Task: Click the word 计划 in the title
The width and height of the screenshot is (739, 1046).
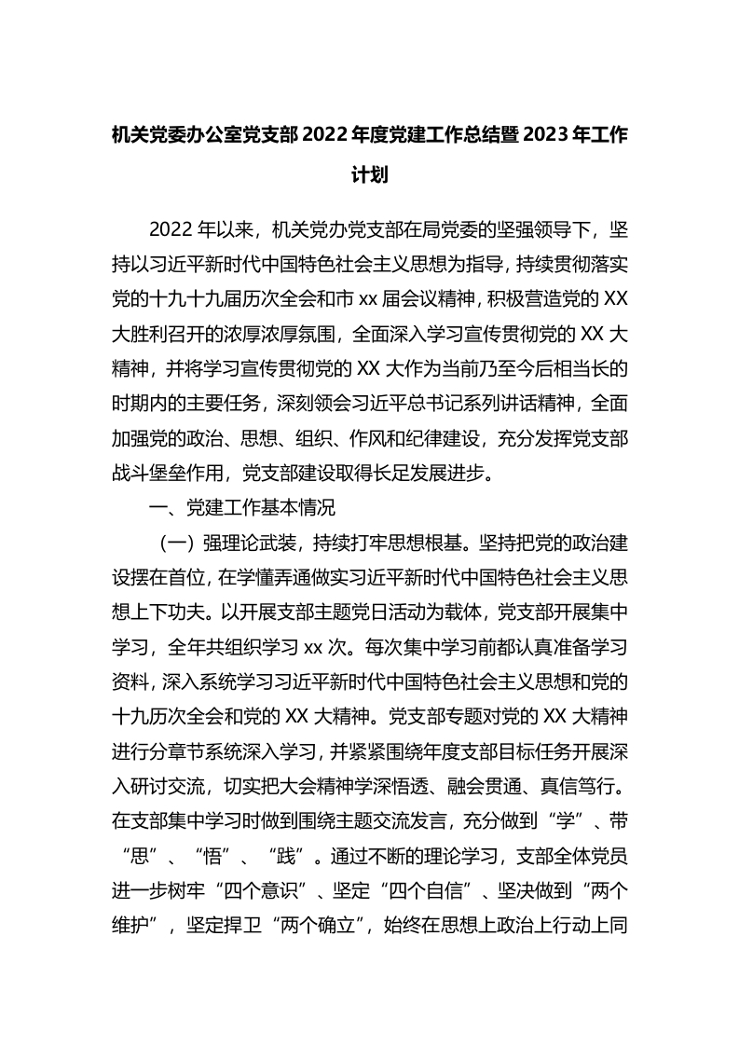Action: click(369, 175)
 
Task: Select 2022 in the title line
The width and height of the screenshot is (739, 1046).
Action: click(327, 135)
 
